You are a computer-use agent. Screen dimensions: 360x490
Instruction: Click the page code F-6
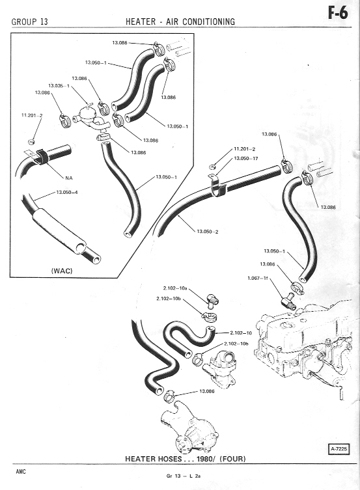pyautogui.click(x=338, y=13)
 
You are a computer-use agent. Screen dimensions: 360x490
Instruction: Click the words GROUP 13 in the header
pyautogui.click(x=30, y=21)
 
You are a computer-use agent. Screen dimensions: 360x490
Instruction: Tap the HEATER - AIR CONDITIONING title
pyautogui.click(x=180, y=21)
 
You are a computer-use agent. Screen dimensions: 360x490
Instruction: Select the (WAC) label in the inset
pyautogui.click(x=62, y=271)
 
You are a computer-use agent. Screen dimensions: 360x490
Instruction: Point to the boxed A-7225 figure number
pyautogui.click(x=339, y=449)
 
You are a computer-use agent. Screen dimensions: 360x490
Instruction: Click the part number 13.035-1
pyautogui.click(x=59, y=85)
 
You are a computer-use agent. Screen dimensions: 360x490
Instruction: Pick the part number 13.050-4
pyautogui.click(x=67, y=192)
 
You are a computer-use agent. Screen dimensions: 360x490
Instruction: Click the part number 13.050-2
pyautogui.click(x=208, y=232)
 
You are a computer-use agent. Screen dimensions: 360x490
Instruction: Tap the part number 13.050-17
pyautogui.click(x=246, y=158)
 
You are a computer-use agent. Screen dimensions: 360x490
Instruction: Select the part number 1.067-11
pyautogui.click(x=258, y=278)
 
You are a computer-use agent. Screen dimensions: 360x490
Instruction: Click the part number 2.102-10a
pyautogui.click(x=175, y=288)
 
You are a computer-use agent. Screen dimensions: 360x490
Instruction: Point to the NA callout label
pyautogui.click(x=69, y=178)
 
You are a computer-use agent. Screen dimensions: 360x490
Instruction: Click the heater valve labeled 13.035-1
pyautogui.click(x=90, y=118)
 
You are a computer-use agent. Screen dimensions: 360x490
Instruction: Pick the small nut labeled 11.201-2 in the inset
pyautogui.click(x=31, y=142)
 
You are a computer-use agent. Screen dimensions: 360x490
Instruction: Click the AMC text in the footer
pyautogui.click(x=21, y=472)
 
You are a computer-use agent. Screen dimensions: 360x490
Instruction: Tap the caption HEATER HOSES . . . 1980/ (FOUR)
pyautogui.click(x=186, y=459)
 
